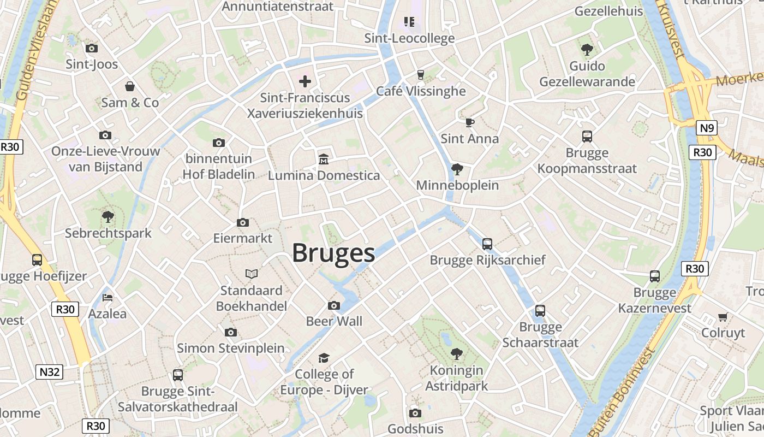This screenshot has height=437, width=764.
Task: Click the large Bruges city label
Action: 333,253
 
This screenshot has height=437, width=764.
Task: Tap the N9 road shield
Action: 707,128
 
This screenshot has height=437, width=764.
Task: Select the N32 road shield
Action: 50,373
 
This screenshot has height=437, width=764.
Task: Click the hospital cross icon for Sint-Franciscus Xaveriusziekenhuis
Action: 305,82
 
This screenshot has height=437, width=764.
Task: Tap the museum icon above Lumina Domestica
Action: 324,160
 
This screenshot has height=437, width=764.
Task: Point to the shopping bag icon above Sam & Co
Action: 130,86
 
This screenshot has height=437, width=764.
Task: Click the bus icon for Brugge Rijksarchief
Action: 487,244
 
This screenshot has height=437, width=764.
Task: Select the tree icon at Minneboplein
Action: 457,169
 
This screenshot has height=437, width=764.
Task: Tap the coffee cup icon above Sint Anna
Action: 469,122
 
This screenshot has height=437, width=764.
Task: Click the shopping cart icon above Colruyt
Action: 723,317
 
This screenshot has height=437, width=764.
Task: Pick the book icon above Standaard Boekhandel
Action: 251,274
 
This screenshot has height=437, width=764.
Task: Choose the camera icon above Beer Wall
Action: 334,305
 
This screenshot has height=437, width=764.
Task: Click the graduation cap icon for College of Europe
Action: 324,358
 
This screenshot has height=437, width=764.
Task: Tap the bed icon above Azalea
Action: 108,298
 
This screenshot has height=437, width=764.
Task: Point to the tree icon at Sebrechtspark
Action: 108,217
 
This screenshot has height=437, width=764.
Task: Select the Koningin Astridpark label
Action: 457,378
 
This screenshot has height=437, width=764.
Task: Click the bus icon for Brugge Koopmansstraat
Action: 587,137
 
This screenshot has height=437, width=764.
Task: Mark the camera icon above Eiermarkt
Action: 243,222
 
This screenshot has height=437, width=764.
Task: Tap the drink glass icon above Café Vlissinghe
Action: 420,75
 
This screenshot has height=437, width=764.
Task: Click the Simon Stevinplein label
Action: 230,348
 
